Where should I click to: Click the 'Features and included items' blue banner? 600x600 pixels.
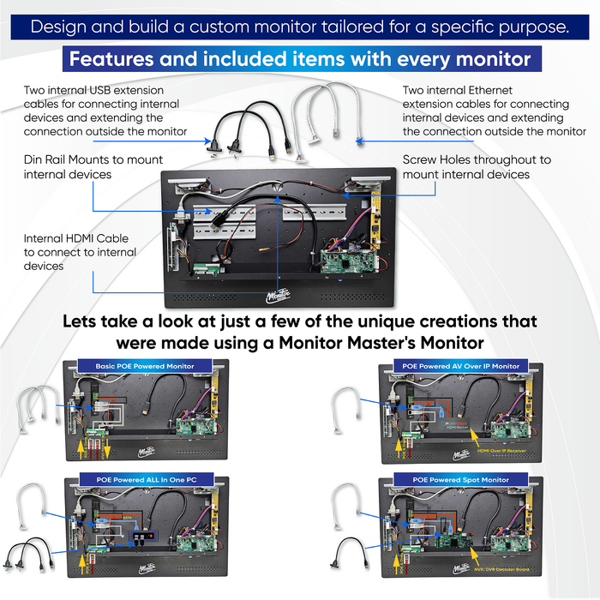300,60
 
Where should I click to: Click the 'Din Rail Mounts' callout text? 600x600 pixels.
93,167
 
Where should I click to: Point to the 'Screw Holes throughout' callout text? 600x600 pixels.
477,167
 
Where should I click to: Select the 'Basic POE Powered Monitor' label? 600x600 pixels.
138,366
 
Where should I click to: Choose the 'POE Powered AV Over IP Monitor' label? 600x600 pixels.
460,366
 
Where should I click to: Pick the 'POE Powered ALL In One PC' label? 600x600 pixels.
138,479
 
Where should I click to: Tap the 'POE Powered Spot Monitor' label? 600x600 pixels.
460,479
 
